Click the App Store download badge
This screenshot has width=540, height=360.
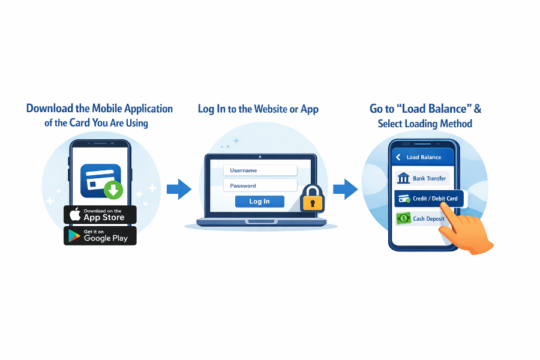[100, 215]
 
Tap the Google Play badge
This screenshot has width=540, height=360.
[100, 236]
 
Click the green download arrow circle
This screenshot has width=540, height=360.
[113, 190]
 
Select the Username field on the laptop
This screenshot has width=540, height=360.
[260, 170]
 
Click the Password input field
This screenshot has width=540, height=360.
[260, 185]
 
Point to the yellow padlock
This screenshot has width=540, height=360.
[312, 199]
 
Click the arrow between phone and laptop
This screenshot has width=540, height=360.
[178, 190]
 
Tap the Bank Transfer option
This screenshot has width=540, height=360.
[422, 178]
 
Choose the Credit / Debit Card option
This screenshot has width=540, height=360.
[428, 199]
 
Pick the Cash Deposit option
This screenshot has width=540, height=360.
[422, 218]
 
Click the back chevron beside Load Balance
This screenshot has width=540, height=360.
[398, 157]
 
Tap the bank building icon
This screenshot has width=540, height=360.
[404, 178]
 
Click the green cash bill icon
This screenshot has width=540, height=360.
[403, 218]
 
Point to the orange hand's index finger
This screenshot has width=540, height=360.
[445, 207]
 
